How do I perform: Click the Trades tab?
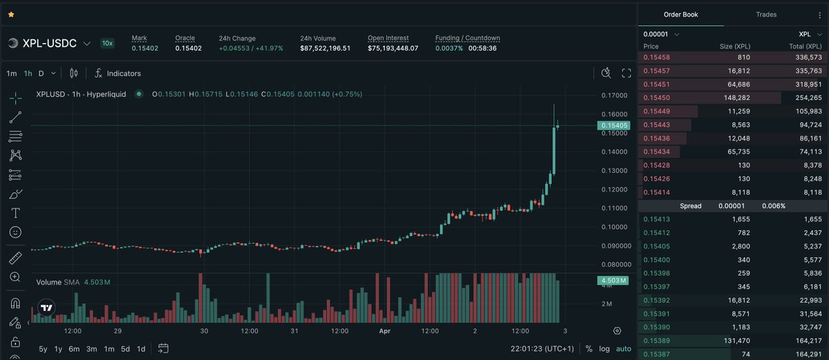766,15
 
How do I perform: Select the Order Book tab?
681,15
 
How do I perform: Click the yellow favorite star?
11,15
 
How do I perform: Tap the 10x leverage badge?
107,43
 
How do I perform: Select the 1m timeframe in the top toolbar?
12,73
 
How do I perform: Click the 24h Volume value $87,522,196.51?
325,48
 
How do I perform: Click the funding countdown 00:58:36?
482,48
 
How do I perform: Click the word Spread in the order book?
690,206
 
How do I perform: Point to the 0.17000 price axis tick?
613,95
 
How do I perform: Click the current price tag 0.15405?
613,125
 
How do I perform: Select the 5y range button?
44,348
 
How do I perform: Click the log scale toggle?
604,348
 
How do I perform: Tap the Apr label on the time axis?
385,331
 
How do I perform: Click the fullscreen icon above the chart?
627,73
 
